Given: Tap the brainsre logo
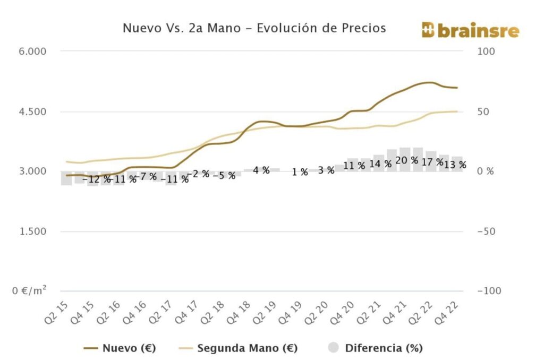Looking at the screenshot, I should pyautogui.click(x=470, y=30).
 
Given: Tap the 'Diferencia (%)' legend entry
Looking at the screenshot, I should pyautogui.click(x=375, y=348).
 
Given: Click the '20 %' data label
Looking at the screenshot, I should pyautogui.click(x=407, y=160).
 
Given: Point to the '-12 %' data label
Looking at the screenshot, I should pyautogui.click(x=97, y=178).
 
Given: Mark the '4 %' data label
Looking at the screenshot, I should pyautogui.click(x=261, y=170).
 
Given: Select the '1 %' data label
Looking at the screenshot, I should pyautogui.click(x=300, y=172).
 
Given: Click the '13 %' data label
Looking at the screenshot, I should pyautogui.click(x=455, y=165).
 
